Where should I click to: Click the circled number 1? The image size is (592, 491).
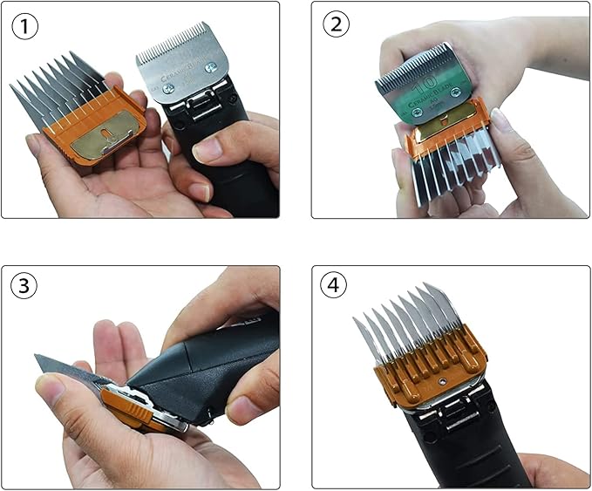(25, 25)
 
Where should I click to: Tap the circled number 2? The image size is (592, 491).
(337, 25)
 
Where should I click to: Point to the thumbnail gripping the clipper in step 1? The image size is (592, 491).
(208, 149)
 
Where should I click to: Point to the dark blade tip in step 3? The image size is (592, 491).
(44, 359)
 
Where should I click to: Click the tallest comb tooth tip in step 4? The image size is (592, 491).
(428, 287)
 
